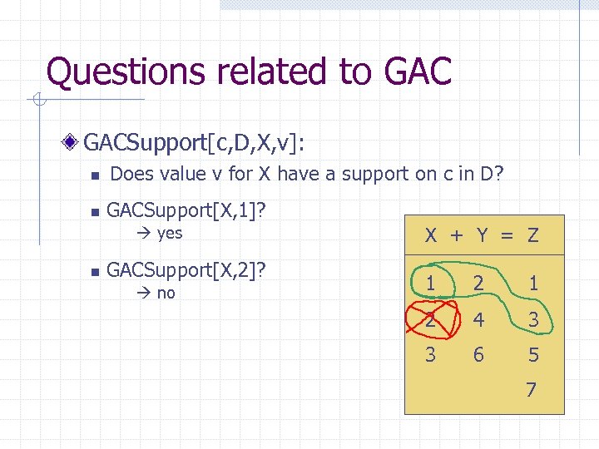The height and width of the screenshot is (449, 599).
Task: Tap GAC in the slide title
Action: pyautogui.click(x=418, y=72)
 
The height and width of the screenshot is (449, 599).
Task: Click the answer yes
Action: pyautogui.click(x=169, y=233)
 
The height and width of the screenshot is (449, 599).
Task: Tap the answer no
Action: pyautogui.click(x=166, y=293)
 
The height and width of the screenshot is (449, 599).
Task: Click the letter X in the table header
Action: pyautogui.click(x=431, y=235)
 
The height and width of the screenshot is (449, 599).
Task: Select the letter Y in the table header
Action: pyautogui.click(x=483, y=235)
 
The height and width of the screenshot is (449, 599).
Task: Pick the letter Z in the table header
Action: pyautogui.click(x=532, y=235)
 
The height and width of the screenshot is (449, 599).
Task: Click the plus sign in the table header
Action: pyautogui.click(x=457, y=235)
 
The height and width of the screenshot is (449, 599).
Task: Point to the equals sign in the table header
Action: pyautogui.click(x=507, y=236)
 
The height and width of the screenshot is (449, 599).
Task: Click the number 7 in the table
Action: pyautogui.click(x=532, y=389)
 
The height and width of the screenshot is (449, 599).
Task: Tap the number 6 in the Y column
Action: pyautogui.click(x=478, y=355)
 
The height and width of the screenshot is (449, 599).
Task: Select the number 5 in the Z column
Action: pyautogui.click(x=532, y=355)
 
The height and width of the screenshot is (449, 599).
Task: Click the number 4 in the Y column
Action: pyautogui.click(x=478, y=319)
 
